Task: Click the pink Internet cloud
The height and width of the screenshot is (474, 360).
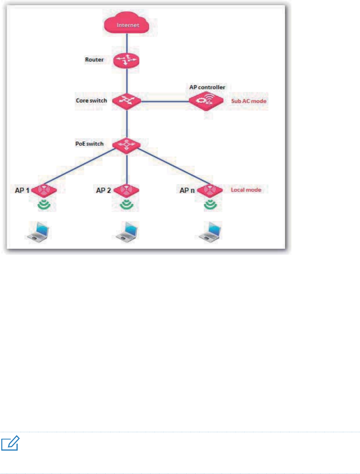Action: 127,26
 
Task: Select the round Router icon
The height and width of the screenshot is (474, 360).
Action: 127,59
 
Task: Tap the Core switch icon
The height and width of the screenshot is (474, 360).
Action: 127,100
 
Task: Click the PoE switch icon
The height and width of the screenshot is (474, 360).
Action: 127,145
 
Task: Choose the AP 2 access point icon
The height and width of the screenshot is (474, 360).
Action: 127,190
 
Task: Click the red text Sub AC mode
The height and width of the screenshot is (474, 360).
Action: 249,102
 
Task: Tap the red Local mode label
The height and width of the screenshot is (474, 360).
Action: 246,189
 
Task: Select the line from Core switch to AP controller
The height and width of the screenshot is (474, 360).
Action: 165,102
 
